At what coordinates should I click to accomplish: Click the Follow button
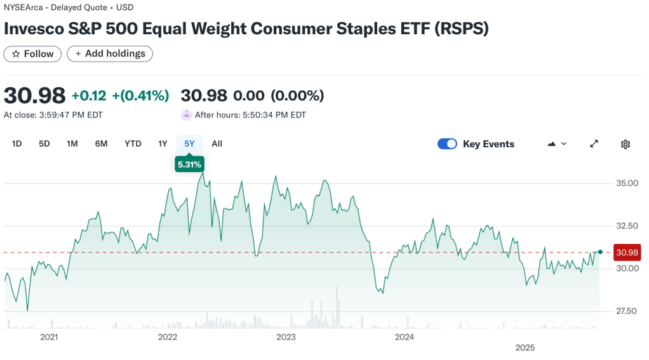coord(32,54)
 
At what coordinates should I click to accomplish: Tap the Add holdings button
coord(110,54)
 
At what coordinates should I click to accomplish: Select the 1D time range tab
coord(17,143)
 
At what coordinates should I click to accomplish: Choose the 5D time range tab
coord(44,143)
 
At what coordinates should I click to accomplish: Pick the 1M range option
coord(72,143)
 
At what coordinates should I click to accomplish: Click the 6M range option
coord(101,143)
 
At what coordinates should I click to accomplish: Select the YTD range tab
coord(133,143)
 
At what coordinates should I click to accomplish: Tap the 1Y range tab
coord(163,143)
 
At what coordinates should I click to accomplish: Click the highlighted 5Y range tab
coord(189,143)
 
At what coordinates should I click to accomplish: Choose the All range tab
coord(217,143)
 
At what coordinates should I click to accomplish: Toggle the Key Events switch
coord(447,144)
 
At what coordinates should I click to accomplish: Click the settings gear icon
coord(625,144)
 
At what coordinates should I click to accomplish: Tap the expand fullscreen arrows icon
coord(594,144)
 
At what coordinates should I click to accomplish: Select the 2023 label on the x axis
coord(286,337)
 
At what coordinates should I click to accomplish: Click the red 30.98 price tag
coord(627,253)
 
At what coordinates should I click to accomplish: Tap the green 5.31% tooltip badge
coord(189,164)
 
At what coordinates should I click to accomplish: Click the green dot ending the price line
coord(600,252)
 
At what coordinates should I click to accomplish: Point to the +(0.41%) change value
coord(140,96)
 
